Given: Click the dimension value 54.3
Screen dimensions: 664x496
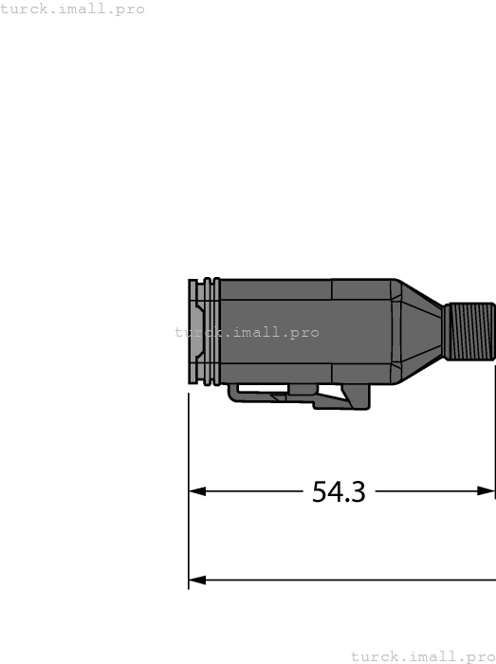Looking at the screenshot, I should point(339,491).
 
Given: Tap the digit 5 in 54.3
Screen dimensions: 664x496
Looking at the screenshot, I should point(321,491).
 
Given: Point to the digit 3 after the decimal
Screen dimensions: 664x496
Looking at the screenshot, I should point(357,491).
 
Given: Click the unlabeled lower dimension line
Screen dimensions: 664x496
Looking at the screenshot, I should point(341,580).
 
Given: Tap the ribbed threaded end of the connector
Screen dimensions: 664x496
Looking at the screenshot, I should point(470,330).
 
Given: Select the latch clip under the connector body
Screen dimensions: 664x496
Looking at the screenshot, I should point(299,394).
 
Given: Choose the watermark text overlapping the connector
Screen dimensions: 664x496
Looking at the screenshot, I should point(247,333).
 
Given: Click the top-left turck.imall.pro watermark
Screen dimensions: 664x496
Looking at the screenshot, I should point(73,9).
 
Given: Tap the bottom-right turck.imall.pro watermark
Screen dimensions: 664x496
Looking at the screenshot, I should point(423,656).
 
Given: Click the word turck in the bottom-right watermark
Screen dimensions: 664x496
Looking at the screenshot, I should point(369,656).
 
